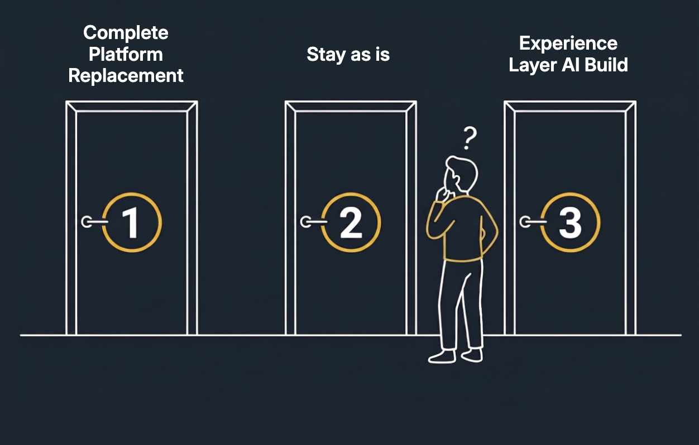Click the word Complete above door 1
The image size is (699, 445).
click(x=126, y=33)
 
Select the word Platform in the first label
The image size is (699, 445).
click(x=126, y=55)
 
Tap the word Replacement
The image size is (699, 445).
click(x=126, y=76)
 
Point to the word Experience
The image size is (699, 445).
click(x=568, y=43)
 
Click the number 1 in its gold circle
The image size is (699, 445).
click(x=131, y=223)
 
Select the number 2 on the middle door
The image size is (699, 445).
click(x=351, y=223)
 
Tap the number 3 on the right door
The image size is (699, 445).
click(x=571, y=223)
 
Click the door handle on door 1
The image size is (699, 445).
click(x=94, y=222)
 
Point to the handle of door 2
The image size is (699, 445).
click(x=314, y=222)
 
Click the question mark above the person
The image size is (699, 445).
click(x=470, y=138)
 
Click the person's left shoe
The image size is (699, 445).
click(x=442, y=357)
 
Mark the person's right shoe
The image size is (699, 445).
click(x=472, y=355)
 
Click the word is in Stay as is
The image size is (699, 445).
click(x=383, y=55)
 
